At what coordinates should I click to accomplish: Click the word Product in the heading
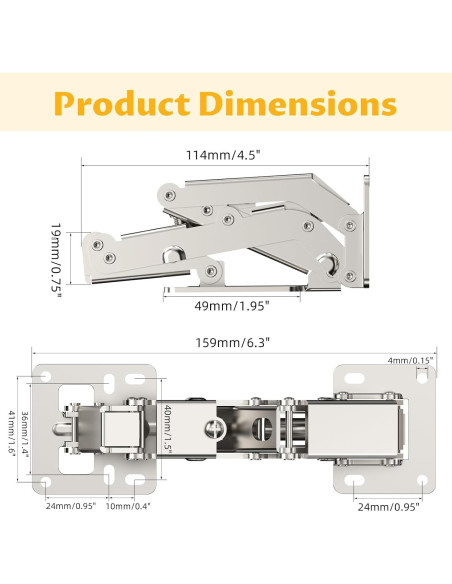tap(122, 103)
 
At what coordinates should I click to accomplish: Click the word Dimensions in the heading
tap(298, 103)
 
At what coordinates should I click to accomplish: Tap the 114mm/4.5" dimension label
tap(223, 155)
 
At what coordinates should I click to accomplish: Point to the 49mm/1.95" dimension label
tap(232, 306)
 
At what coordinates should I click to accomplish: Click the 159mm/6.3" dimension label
tap(233, 342)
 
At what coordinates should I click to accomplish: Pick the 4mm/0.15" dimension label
tap(410, 360)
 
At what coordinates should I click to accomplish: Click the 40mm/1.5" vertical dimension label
tap(168, 429)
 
